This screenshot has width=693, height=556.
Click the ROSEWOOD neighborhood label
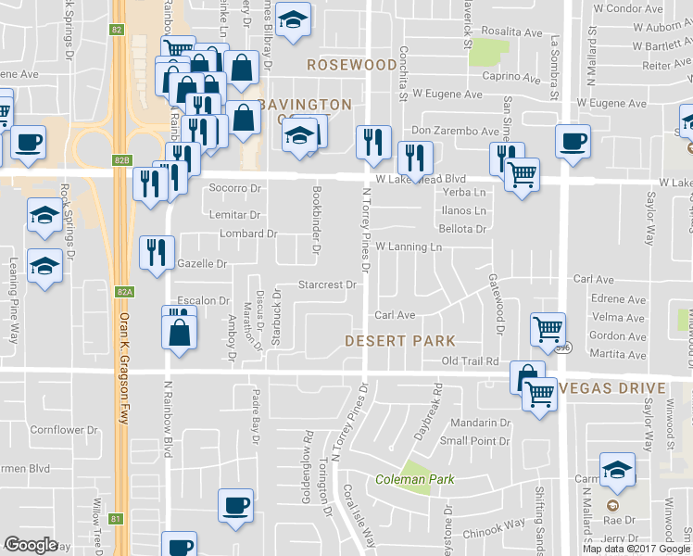(351, 65)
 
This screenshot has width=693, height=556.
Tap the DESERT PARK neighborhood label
(400, 340)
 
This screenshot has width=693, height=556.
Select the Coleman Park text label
(414, 480)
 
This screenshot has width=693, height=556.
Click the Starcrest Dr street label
(327, 284)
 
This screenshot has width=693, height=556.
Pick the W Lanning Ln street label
(409, 247)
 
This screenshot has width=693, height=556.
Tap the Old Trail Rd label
(470, 360)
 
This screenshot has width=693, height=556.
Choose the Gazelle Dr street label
(202, 264)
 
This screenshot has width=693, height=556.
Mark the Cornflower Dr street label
(63, 430)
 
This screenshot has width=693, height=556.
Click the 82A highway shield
(126, 292)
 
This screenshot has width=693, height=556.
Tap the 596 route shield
(564, 348)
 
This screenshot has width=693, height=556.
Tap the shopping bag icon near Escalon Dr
(180, 332)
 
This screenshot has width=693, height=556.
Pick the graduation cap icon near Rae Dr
(617, 470)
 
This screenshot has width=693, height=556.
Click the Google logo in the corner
(31, 545)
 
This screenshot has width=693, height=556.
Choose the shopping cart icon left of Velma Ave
(548, 328)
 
